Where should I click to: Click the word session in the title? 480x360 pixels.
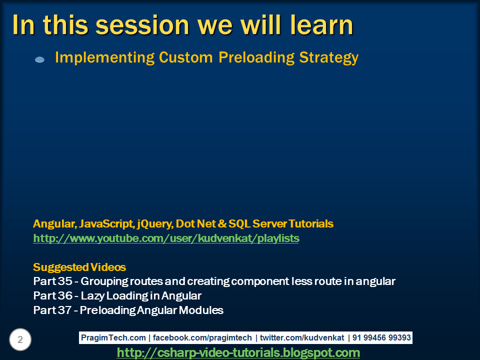[x=142, y=25]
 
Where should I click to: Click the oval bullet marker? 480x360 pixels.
[x=40, y=59]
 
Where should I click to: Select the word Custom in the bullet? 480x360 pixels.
[x=186, y=57]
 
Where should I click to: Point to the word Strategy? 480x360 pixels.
[x=329, y=58]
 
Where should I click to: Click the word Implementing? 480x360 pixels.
[x=104, y=58]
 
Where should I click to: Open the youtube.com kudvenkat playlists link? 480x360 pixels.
[x=166, y=238]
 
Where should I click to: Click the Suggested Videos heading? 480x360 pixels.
[x=79, y=267]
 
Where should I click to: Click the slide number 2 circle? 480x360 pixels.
[x=20, y=339]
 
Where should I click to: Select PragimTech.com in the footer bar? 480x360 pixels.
[x=113, y=337]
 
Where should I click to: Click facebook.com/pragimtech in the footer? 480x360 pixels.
[x=202, y=337]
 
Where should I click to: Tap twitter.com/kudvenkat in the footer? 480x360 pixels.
[x=302, y=337]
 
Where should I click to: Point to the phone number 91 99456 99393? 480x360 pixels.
[x=381, y=337]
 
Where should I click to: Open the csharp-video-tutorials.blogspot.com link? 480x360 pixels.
[x=238, y=353]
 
